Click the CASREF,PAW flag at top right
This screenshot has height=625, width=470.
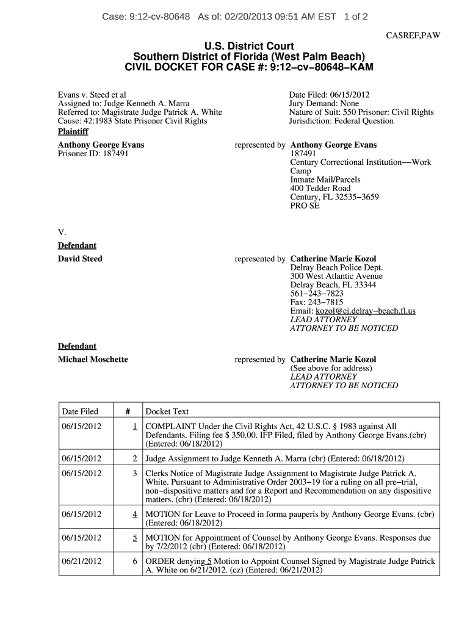click(413, 35)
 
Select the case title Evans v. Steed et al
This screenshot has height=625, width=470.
click(92, 95)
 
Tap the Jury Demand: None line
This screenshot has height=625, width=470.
click(324, 104)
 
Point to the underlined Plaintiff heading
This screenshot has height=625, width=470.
click(73, 131)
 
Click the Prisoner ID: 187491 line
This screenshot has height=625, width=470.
click(93, 154)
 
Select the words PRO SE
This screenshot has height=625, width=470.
click(305, 206)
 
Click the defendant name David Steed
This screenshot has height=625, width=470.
click(80, 259)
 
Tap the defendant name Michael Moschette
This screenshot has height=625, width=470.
click(93, 359)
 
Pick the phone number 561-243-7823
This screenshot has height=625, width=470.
click(317, 294)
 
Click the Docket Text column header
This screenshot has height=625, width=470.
click(167, 411)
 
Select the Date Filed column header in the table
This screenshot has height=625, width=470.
click(80, 411)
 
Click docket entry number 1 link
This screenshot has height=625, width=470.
click(134, 426)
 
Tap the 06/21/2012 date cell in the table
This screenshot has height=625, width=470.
click(82, 561)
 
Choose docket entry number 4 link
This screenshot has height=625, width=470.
click(134, 515)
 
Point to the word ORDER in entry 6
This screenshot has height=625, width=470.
click(159, 561)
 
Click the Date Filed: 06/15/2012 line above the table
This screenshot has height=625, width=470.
click(329, 95)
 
